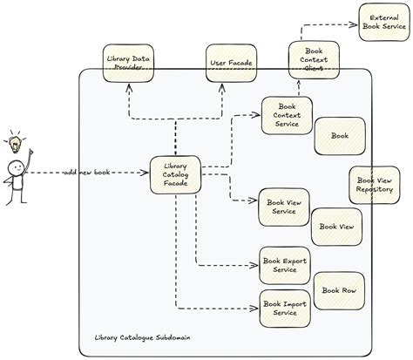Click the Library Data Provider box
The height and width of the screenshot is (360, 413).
(127, 63)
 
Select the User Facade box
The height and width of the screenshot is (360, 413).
(230, 63)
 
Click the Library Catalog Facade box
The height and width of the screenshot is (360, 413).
(175, 177)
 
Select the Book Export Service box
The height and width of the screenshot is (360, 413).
(285, 265)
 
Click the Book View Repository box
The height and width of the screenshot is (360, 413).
(375, 184)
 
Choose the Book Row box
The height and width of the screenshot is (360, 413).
(338, 290)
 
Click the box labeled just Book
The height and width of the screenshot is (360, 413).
(339, 136)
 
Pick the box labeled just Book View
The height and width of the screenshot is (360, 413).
(336, 227)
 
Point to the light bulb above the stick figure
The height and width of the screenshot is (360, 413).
(15, 139)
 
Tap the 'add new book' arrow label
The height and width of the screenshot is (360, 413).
(90, 173)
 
